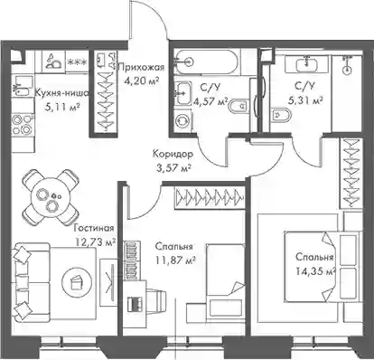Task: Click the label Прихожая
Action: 141,67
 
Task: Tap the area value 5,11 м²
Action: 62,107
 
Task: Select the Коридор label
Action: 173,154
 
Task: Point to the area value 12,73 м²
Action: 95,242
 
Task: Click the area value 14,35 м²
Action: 316,271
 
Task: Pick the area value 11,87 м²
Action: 175,260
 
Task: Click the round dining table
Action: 51,198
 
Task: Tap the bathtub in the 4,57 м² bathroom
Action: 206,62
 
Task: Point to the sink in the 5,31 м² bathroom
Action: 307,64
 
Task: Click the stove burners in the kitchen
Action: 23,124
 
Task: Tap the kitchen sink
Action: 22,86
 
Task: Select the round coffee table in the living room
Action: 75,282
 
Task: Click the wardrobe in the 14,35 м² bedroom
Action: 351,174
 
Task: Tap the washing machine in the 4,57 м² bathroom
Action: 183,119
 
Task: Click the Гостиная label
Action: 94,228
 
